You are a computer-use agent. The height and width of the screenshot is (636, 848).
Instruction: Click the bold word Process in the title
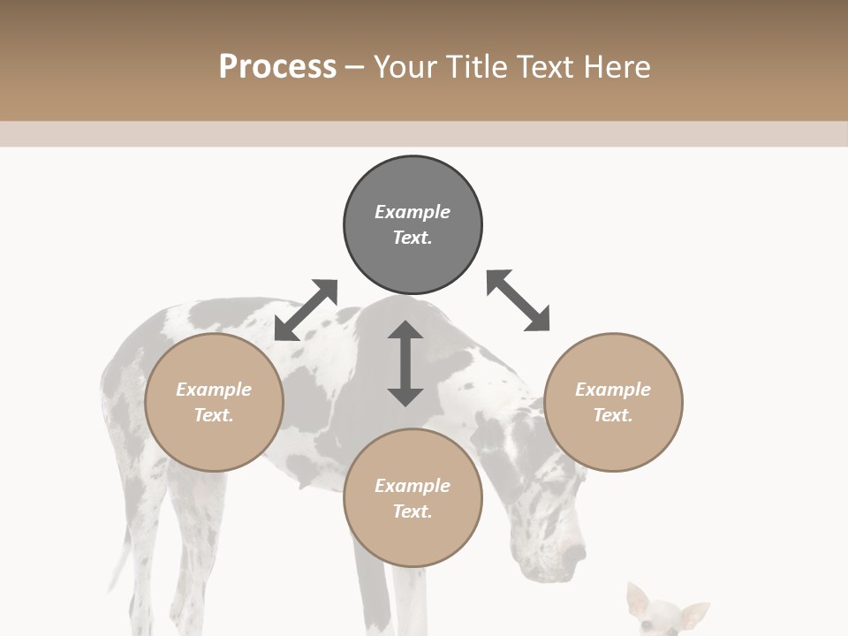click(x=277, y=66)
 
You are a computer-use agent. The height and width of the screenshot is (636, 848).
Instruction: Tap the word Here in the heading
click(x=617, y=66)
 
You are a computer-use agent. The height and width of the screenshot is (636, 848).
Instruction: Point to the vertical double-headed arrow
click(x=405, y=363)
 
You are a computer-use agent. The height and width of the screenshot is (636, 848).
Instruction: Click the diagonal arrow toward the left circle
click(x=306, y=309)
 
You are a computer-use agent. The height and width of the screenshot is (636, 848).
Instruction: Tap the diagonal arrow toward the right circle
click(x=518, y=300)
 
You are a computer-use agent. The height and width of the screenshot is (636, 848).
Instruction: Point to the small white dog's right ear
click(x=694, y=612)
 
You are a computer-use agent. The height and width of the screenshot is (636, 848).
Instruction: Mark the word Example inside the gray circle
click(x=413, y=212)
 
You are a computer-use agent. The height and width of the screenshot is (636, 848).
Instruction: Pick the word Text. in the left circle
click(x=214, y=415)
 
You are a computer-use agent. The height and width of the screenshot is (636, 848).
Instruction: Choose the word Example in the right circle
click(x=613, y=390)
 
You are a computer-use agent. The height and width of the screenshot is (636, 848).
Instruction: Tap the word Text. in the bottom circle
click(x=413, y=511)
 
